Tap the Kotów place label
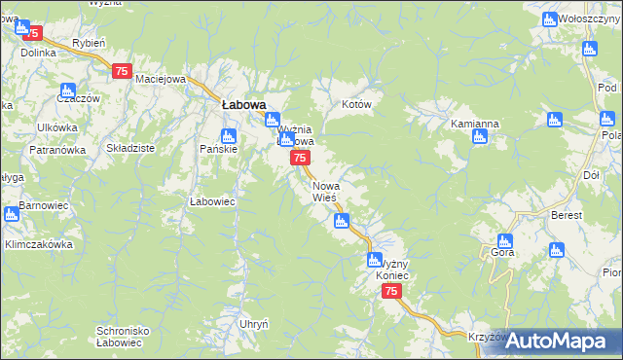[357, 103]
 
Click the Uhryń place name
[253, 323]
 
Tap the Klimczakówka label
[40, 244]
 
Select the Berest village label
[566, 215]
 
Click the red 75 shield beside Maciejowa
[122, 70]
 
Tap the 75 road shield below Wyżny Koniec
[391, 292]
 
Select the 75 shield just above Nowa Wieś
[301, 158]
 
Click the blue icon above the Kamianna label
[479, 137]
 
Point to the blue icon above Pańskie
[228, 135]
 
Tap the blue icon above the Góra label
[504, 240]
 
